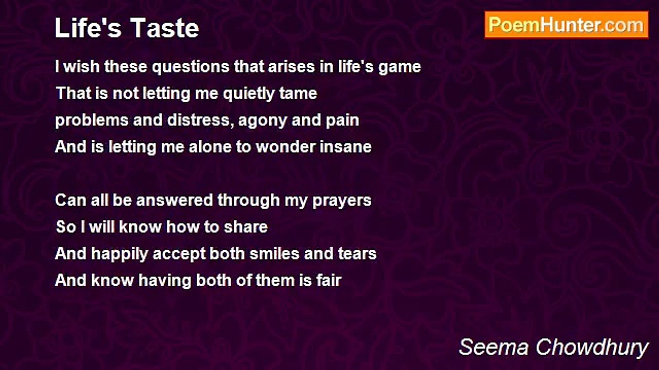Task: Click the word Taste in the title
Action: tap(165, 28)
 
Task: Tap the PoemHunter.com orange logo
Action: tap(566, 25)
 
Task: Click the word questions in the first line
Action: tap(190, 67)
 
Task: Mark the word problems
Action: tap(92, 121)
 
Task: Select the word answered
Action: tap(175, 200)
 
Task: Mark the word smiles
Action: tap(274, 253)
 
